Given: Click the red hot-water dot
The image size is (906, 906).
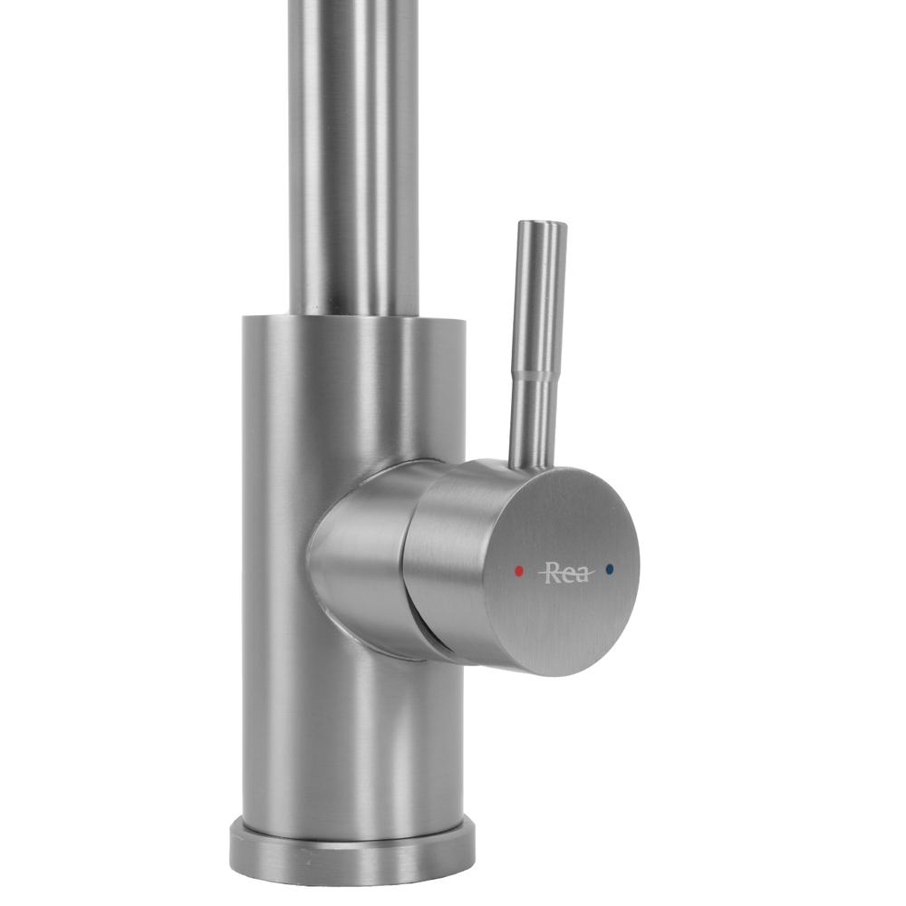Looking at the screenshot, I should [x=518, y=572].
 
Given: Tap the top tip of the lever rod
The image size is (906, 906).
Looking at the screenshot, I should [x=541, y=225].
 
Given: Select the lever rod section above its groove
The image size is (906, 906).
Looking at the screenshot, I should [x=538, y=299].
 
